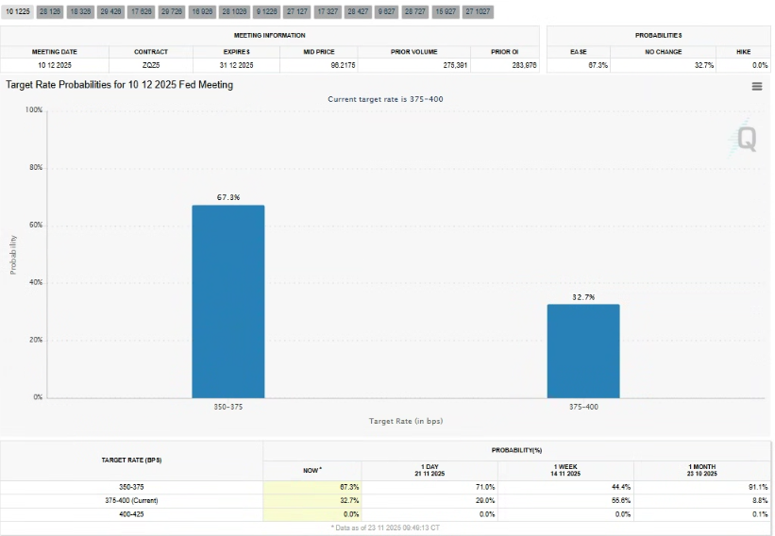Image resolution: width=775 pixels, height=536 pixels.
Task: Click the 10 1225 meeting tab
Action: coord(18,11)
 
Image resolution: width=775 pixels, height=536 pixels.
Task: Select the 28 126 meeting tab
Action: coord(49,11)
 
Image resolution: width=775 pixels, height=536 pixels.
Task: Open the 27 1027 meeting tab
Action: coord(478,11)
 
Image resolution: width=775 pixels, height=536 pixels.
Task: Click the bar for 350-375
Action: coord(228,301)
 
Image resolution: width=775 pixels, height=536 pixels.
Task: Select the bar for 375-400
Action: coord(583,350)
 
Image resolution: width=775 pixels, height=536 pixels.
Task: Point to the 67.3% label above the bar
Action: coord(228,198)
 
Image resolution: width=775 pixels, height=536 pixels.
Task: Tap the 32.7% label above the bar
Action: coord(583,297)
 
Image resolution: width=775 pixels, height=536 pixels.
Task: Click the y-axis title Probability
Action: coord(13,254)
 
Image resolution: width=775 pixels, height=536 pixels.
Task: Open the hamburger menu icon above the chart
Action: coord(756,86)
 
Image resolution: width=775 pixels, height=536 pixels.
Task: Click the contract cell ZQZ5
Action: coord(151,65)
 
